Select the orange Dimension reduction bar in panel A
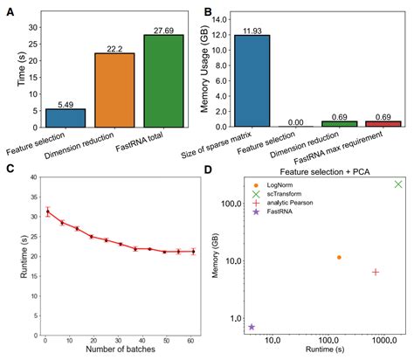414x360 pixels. pyautogui.click(x=114, y=90)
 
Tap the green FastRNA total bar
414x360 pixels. pyautogui.click(x=163, y=80)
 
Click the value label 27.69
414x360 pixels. pyautogui.click(x=163, y=30)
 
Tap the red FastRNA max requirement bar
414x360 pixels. pyautogui.click(x=382, y=123)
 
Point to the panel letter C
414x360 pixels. pyautogui.click(x=10, y=170)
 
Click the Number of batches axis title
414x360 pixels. pyautogui.click(x=114, y=350)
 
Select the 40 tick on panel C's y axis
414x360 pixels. pyautogui.click(x=34, y=177)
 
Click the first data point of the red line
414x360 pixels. pyautogui.click(x=47, y=211)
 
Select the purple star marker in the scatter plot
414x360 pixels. pyautogui.click(x=252, y=327)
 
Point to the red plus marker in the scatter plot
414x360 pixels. pyautogui.click(x=376, y=272)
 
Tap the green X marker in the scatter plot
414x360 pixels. pyautogui.click(x=398, y=183)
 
